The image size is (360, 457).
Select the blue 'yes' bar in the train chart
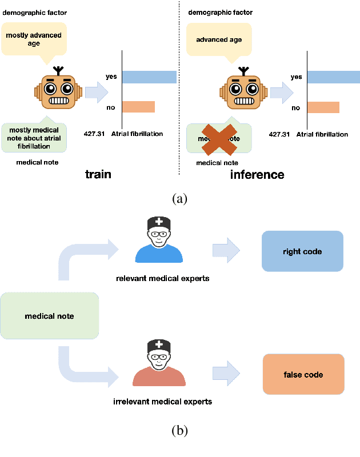(x=149, y=77)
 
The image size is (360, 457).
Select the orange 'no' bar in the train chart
(x=138, y=107)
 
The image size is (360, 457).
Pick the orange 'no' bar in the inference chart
(x=323, y=107)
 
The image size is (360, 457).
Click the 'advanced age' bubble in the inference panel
(x=219, y=39)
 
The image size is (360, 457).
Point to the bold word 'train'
(x=98, y=175)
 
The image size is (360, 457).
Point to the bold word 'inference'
(x=257, y=175)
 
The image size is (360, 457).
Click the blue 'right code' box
(x=302, y=251)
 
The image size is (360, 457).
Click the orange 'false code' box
(x=303, y=375)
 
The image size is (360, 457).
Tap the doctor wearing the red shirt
(x=159, y=366)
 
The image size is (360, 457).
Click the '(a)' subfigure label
(x=179, y=199)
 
